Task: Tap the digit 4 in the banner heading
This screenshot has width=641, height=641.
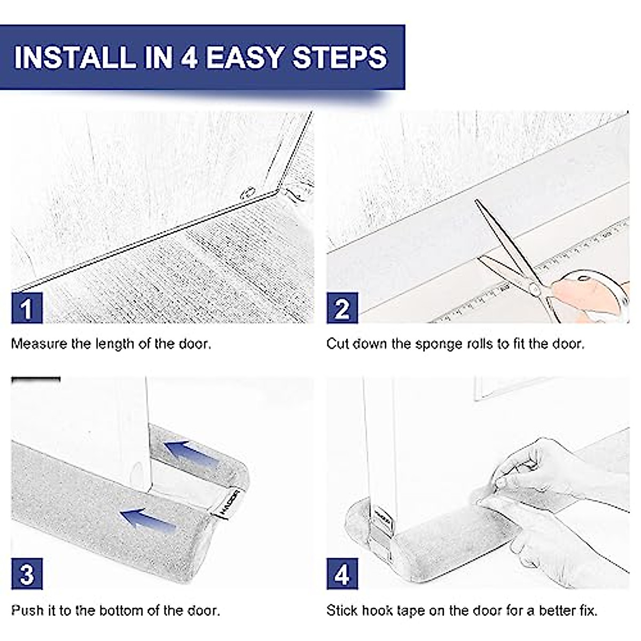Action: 189,57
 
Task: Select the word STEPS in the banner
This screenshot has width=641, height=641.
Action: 340,57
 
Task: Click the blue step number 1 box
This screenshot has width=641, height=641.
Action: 27,308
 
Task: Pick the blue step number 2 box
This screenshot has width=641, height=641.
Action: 342,308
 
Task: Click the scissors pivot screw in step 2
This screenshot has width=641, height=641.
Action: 534,288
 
